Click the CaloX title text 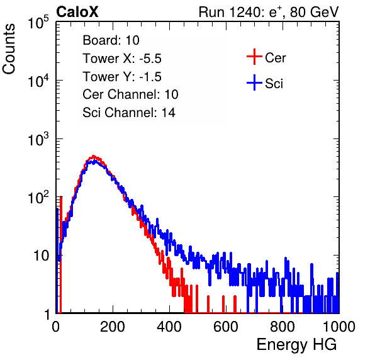coord(77,12)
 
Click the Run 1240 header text coord(268,12)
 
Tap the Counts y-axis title coord(9,49)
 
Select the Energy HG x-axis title coord(296,344)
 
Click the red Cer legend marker coord(254,57)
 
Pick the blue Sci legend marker coord(254,83)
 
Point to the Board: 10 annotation coord(111,40)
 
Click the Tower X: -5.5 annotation coord(122,58)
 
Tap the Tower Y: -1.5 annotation coord(122,76)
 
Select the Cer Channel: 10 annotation coord(130,94)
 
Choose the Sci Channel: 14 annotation coord(129,113)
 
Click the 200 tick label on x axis coord(113,327)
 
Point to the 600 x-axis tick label coord(226,327)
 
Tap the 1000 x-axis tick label coord(339,327)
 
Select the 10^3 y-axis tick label coord(38,139)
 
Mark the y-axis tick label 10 coord(42,256)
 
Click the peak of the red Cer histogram coord(94,156)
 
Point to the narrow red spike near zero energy coord(61,254)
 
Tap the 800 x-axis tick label coord(283,327)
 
